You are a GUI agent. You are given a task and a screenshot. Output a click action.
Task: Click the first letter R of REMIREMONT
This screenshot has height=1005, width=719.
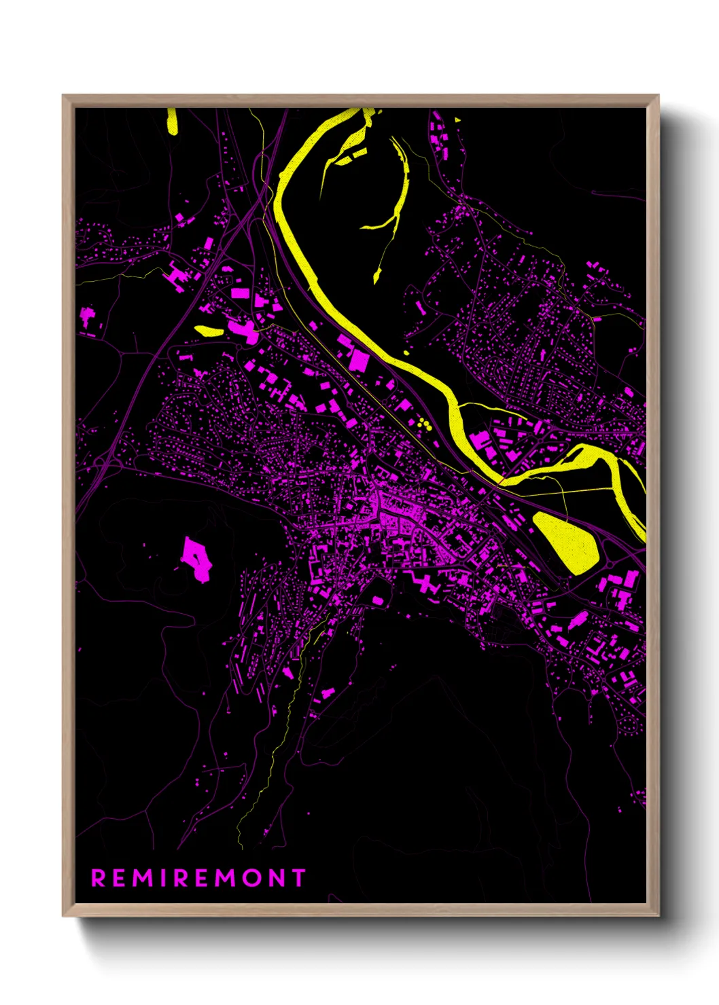pyautogui.click(x=99, y=878)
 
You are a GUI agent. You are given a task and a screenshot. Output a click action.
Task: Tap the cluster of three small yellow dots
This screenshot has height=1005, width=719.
pyautogui.click(x=425, y=424)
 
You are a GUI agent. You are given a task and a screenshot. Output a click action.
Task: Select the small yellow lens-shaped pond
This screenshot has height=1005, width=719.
pyautogui.click(x=208, y=331)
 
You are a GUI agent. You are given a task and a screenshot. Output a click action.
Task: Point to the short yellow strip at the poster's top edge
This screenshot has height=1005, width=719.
pyautogui.click(x=172, y=120)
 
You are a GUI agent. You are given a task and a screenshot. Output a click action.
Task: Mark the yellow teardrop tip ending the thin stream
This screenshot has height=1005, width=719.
pyautogui.click(x=376, y=276)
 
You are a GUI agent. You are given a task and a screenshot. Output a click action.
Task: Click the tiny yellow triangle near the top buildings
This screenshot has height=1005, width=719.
pyautogui.click(x=457, y=120)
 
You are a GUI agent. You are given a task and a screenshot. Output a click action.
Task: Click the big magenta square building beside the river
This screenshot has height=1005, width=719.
pyautogui.click(x=357, y=360)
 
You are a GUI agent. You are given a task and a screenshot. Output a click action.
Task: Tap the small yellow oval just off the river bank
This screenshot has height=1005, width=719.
pyautogui.click(x=406, y=352)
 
